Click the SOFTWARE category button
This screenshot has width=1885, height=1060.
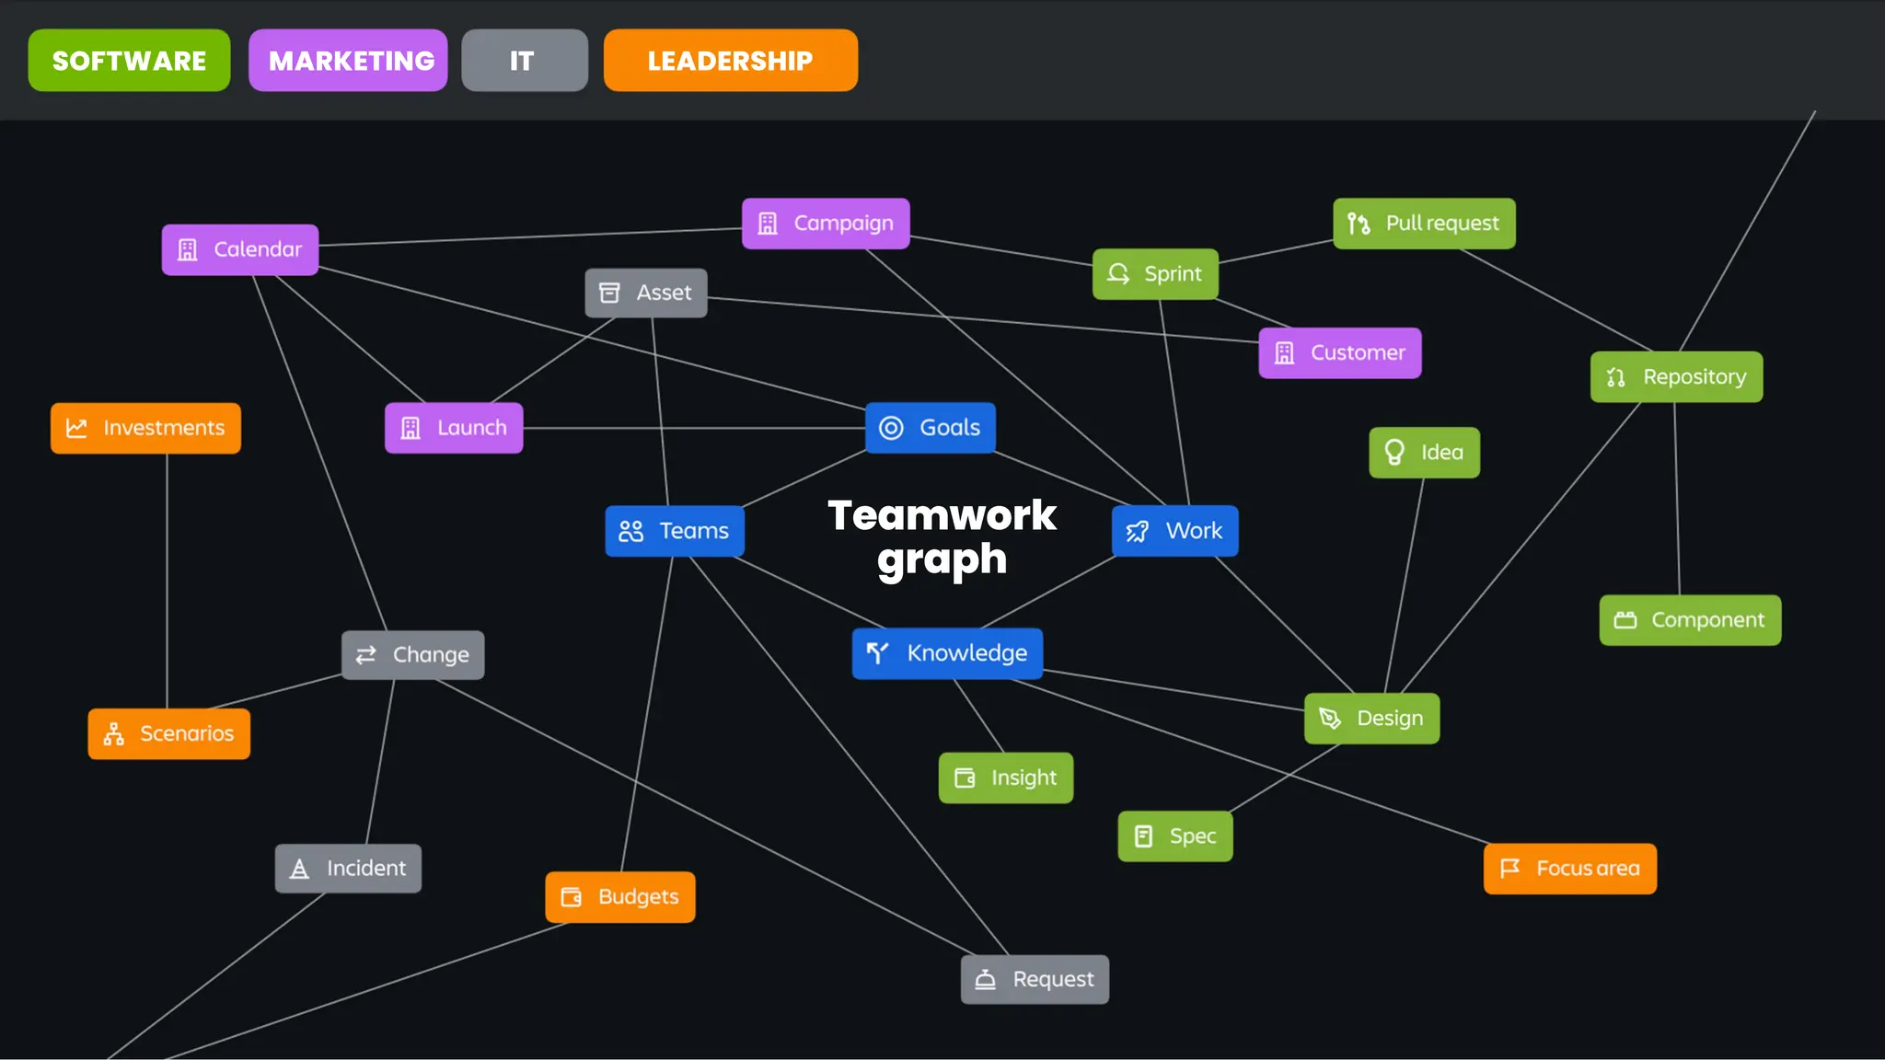[x=129, y=61]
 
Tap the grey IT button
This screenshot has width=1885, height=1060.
[x=524, y=61]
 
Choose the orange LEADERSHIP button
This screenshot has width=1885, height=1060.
[x=730, y=61]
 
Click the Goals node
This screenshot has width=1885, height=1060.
[x=930, y=428]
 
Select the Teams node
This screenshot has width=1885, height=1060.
[x=674, y=531]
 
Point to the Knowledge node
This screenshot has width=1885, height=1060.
[x=946, y=653]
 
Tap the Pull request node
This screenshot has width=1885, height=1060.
[x=1423, y=224]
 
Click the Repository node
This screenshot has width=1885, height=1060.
[x=1675, y=377]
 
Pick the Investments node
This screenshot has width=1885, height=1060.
[x=145, y=428]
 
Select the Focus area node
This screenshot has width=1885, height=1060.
[x=1569, y=869]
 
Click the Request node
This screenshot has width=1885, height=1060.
[x=1035, y=979]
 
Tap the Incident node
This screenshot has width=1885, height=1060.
[x=348, y=869]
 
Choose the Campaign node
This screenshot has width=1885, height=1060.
[x=825, y=224]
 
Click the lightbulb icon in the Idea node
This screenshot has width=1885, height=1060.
[x=1394, y=452]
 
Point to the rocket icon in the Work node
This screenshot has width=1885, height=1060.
[x=1138, y=531]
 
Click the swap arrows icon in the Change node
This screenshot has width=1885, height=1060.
[x=366, y=654]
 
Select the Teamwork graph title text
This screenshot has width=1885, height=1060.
[x=942, y=537]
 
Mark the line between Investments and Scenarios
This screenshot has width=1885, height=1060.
[x=167, y=580]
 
